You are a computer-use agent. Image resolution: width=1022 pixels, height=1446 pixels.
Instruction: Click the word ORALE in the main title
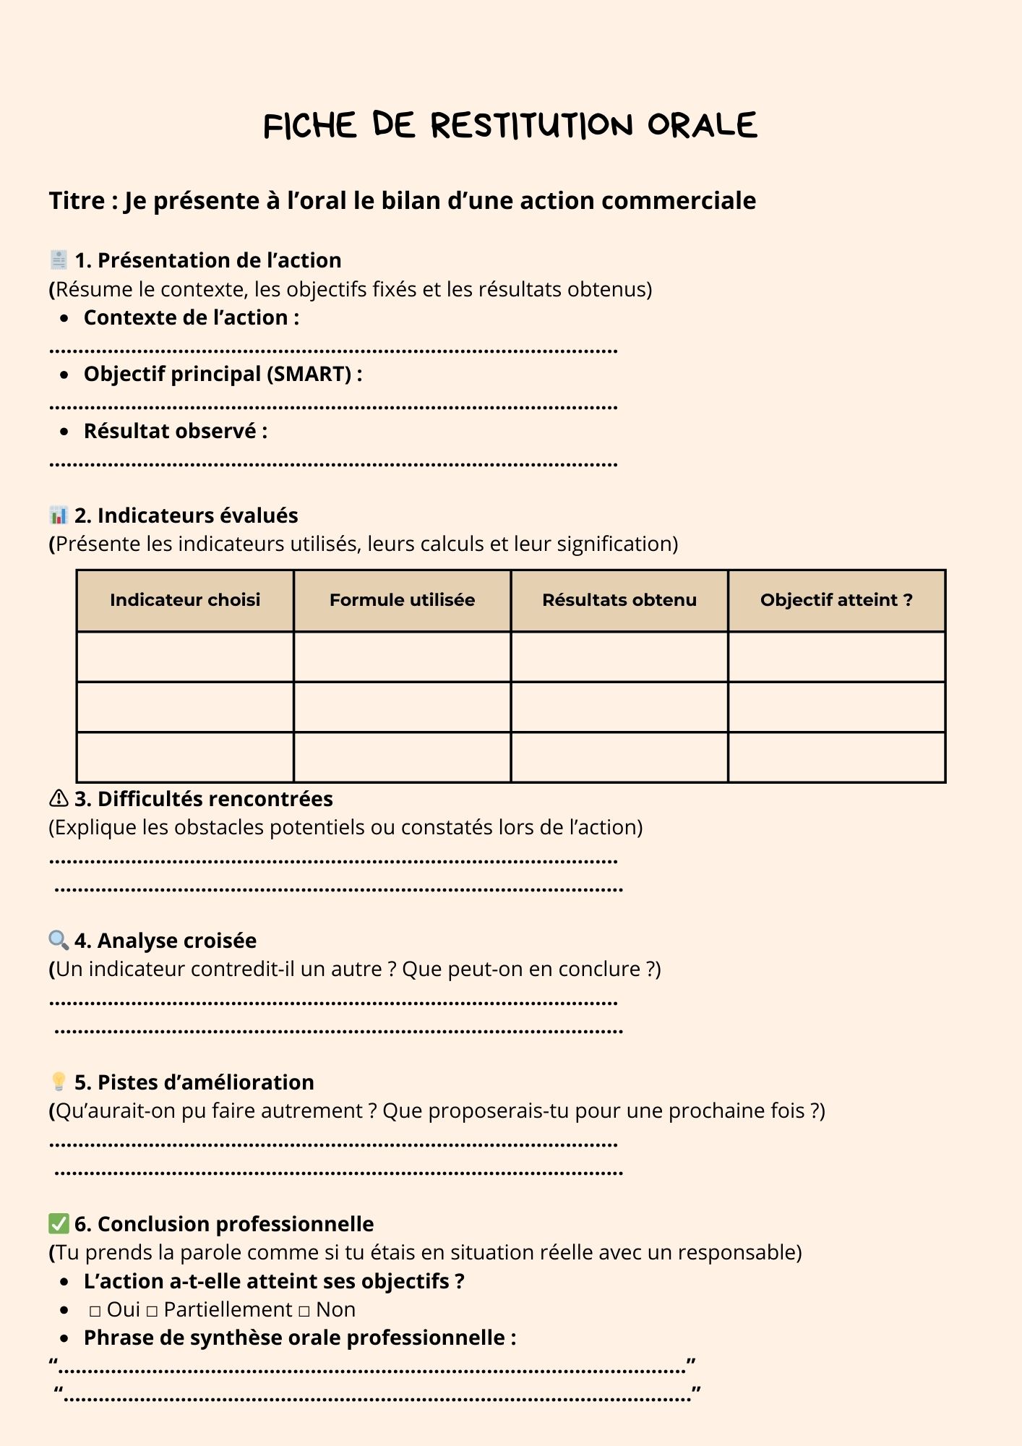click(702, 126)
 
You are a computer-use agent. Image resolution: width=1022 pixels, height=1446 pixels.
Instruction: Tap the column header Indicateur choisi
click(185, 600)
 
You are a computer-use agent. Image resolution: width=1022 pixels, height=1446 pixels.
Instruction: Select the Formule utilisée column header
click(402, 600)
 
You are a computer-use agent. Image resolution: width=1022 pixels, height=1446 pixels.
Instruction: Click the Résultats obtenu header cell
click(619, 600)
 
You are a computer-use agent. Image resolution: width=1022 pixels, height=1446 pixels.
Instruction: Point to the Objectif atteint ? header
click(836, 600)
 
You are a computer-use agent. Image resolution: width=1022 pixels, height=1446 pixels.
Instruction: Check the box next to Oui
click(95, 1311)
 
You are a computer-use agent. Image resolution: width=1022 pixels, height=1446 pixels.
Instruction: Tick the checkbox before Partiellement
click(152, 1311)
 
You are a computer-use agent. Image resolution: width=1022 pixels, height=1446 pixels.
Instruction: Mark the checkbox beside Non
click(304, 1311)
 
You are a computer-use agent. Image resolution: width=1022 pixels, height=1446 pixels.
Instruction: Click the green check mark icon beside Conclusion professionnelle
click(59, 1223)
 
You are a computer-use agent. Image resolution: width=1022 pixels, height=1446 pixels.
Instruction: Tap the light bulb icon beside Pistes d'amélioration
click(59, 1082)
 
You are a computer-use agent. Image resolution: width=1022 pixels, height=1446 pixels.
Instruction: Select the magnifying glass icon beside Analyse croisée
click(59, 940)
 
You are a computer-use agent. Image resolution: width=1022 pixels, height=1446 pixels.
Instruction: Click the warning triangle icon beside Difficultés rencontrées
click(59, 799)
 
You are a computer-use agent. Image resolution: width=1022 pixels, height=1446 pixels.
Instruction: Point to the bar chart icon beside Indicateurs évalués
click(59, 515)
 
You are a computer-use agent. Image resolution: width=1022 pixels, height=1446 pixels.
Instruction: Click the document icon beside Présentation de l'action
click(59, 260)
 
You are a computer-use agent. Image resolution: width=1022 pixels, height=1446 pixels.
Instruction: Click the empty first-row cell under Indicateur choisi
click(185, 657)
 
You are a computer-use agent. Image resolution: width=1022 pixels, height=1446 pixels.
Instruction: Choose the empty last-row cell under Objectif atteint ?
click(836, 758)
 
